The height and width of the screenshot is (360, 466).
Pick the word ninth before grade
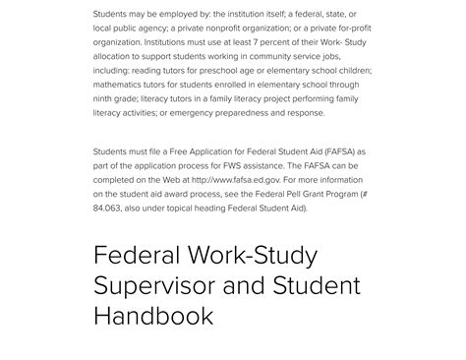tap(105, 98)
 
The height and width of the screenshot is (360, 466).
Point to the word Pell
tap(279, 195)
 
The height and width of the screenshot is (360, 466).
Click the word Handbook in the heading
tap(152, 316)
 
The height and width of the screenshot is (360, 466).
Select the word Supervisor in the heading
tap(157, 287)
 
